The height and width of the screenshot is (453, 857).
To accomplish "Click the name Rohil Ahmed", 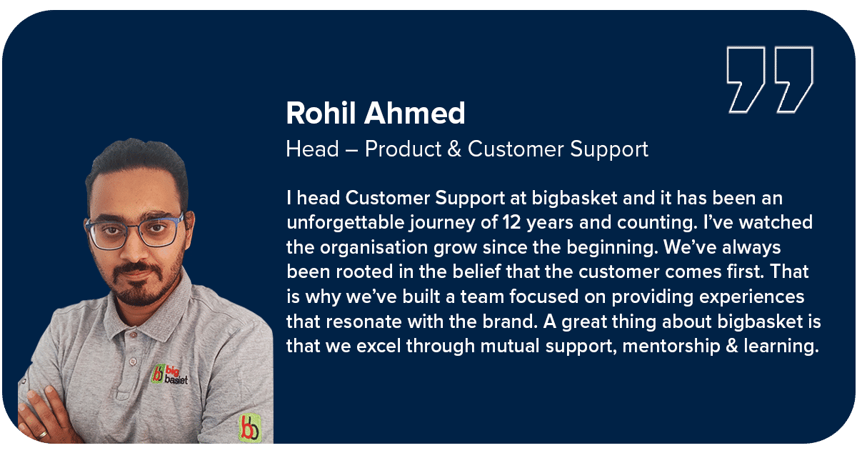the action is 376,114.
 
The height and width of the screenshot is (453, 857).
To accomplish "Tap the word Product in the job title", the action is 403,149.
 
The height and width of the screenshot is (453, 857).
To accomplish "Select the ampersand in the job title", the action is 454,149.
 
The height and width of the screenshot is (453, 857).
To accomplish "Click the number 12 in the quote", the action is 511,222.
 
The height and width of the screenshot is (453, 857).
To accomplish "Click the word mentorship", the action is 671,346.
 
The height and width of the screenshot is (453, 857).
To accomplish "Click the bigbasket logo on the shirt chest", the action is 169,374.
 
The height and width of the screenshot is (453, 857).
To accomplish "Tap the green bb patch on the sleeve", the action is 250,428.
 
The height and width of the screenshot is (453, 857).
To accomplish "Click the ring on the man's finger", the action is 41,434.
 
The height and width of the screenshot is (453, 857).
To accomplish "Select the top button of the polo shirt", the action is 133,335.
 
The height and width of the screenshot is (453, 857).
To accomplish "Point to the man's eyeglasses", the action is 134,230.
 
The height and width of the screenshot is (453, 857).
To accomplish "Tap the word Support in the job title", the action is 609,149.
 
